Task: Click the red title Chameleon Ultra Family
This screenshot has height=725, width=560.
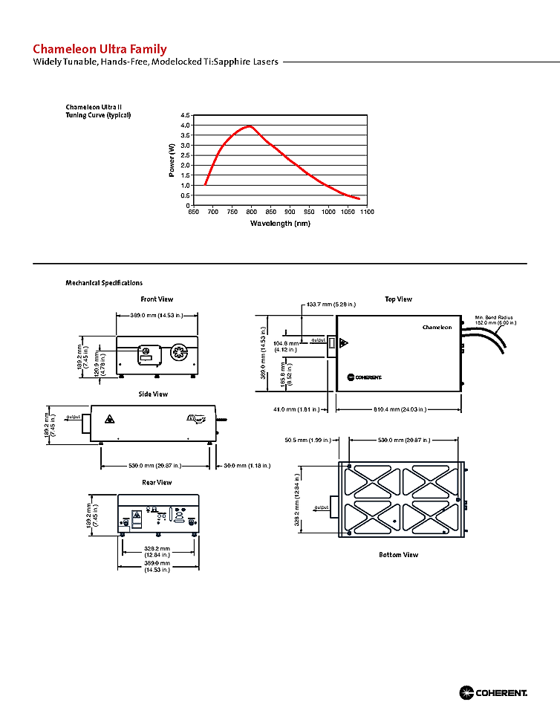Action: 100,50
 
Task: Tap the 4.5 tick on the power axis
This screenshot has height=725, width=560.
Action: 185,116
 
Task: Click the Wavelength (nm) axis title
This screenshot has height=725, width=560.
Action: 280,223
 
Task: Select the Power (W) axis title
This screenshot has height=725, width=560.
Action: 172,160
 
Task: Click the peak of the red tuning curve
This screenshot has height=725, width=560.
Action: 250,126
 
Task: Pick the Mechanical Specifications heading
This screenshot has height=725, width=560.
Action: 104,283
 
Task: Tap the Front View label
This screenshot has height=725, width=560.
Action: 157,299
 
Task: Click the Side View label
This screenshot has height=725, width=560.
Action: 153,394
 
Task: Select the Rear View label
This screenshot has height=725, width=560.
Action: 157,482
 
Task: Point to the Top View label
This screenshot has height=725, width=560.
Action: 398,299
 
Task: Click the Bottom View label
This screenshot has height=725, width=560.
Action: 398,555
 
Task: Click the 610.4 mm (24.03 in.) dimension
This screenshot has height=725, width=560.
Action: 400,409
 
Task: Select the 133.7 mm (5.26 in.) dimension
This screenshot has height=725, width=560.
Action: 331,305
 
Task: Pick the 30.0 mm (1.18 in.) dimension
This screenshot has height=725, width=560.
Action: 247,466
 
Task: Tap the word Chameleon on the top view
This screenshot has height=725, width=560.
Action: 437,327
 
